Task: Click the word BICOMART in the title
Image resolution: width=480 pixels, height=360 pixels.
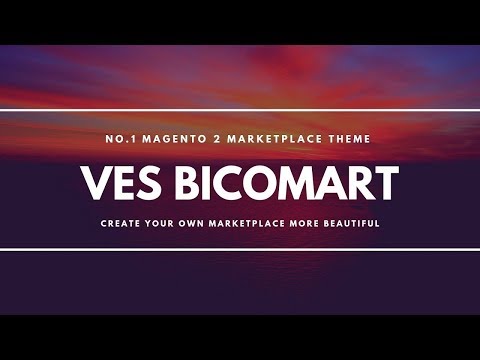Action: [290, 183]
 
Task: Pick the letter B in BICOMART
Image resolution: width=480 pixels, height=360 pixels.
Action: [195, 183]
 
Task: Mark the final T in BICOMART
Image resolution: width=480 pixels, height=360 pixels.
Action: [387, 183]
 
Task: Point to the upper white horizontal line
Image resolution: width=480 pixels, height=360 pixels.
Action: [240, 110]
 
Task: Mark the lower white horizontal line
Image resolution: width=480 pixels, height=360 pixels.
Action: [240, 249]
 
